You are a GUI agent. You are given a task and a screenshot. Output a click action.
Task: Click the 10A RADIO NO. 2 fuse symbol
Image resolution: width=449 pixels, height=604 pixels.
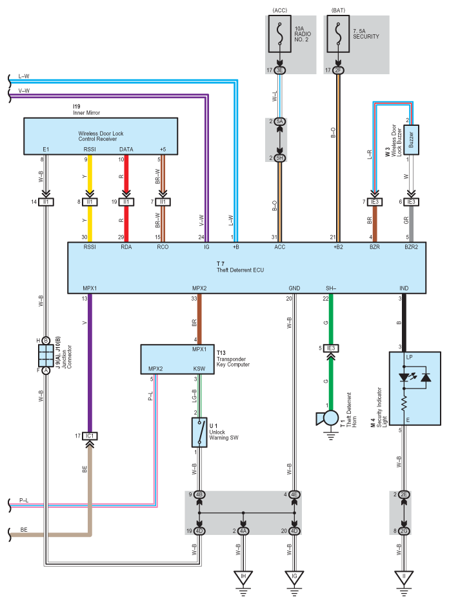point(279,34)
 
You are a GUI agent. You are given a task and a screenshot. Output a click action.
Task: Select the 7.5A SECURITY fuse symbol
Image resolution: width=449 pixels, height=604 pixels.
point(338,34)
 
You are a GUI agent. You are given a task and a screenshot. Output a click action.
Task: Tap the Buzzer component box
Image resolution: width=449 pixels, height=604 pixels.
point(412,140)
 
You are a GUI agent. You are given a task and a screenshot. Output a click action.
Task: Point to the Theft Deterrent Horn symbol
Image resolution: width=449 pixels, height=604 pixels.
point(328,419)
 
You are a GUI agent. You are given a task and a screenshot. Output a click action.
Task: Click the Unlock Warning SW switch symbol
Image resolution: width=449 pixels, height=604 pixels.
point(199,432)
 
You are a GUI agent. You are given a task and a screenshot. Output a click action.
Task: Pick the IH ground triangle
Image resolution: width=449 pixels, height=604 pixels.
point(243,578)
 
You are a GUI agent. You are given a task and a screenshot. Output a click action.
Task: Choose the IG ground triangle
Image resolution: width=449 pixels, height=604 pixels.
point(294,578)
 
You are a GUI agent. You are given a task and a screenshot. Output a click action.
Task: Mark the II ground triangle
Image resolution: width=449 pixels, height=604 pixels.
point(404,578)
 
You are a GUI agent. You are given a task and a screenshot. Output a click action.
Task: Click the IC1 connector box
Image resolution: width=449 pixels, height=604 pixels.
point(90,436)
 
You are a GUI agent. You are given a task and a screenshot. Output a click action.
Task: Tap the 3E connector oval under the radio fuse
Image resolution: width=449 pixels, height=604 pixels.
point(279,70)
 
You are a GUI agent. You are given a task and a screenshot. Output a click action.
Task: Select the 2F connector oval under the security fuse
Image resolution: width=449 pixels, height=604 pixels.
point(338,70)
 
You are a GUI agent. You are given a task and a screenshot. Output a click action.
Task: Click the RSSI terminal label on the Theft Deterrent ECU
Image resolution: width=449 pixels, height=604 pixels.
point(90,247)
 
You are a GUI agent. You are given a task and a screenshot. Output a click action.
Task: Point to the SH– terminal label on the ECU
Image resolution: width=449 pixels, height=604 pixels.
point(331,288)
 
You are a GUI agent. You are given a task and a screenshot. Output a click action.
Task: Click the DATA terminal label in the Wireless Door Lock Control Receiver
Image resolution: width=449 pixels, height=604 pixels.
point(126,150)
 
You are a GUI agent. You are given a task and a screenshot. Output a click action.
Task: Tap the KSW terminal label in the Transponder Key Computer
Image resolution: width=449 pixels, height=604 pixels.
point(199,368)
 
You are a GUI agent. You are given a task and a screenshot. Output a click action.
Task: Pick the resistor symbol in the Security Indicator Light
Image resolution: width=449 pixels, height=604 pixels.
point(404,404)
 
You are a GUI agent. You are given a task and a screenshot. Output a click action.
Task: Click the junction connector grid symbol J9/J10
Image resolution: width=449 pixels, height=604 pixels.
point(46,356)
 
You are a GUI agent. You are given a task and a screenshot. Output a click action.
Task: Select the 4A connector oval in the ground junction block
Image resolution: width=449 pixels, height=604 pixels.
point(243,531)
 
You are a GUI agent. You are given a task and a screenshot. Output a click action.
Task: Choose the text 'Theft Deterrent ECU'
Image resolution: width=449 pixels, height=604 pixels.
point(240,270)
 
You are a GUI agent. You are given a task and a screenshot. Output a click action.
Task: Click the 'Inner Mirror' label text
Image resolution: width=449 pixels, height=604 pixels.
point(86,113)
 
